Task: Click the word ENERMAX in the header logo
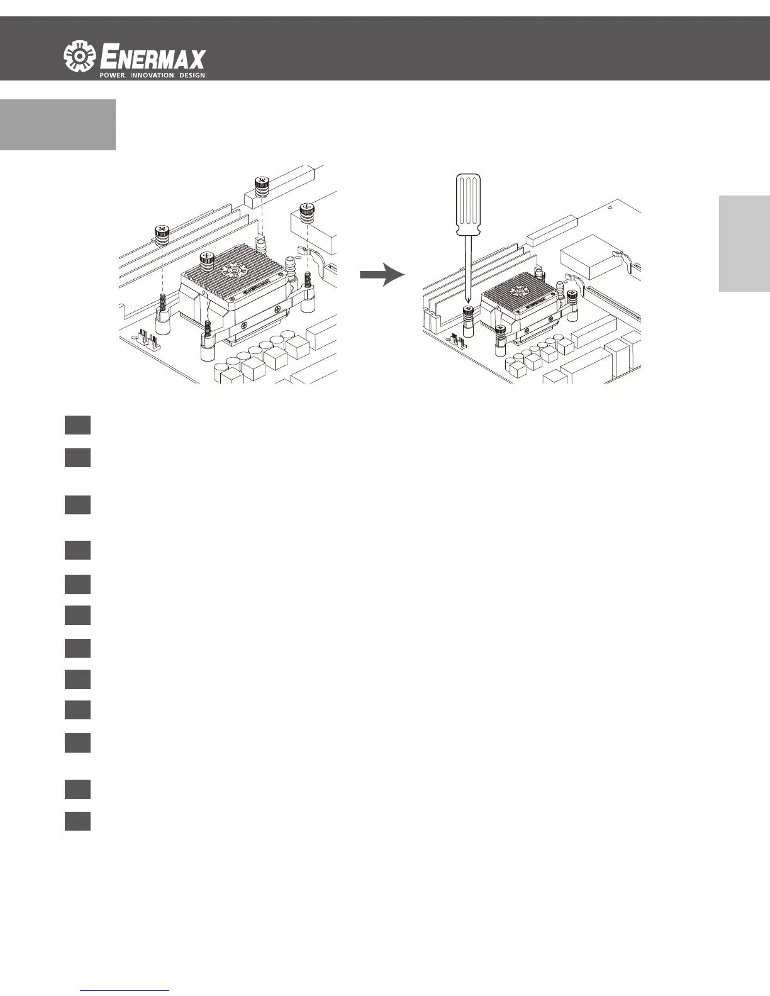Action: pyautogui.click(x=153, y=58)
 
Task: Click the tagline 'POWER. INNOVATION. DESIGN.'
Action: pyautogui.click(x=153, y=75)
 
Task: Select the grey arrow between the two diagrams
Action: pyautogui.click(x=382, y=275)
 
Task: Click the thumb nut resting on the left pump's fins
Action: pyautogui.click(x=208, y=259)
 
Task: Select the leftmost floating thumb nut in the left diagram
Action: pyautogui.click(x=162, y=234)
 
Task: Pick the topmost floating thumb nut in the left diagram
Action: pyautogui.click(x=263, y=186)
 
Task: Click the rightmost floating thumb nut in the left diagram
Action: pyautogui.click(x=306, y=213)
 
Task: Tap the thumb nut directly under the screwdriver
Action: pyautogui.click(x=467, y=312)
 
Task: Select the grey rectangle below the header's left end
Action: pyautogui.click(x=58, y=124)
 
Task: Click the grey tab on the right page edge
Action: pyautogui.click(x=744, y=243)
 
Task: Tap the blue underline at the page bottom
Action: pyautogui.click(x=125, y=990)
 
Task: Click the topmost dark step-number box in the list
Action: pyautogui.click(x=77, y=424)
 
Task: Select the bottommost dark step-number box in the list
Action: pyautogui.click(x=77, y=821)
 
